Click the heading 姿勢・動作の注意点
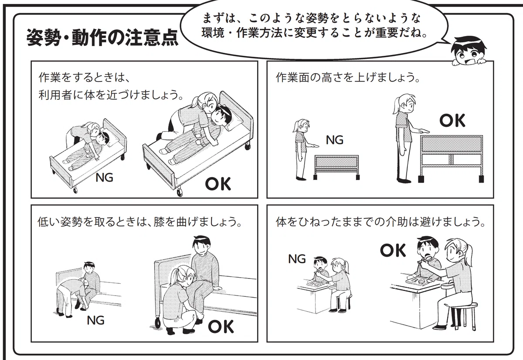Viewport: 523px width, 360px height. click(x=102, y=38)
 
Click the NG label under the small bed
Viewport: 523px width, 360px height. click(x=104, y=178)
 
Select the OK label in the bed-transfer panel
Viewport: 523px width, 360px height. click(x=218, y=184)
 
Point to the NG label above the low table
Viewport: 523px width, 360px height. click(x=335, y=140)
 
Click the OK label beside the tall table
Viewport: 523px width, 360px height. click(x=452, y=120)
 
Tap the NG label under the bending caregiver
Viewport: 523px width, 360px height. click(x=95, y=320)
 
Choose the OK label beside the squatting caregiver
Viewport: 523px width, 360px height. click(x=221, y=326)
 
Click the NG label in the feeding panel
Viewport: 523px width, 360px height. click(x=297, y=259)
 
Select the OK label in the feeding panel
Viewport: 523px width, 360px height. click(x=393, y=250)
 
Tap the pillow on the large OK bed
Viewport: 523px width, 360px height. click(x=234, y=122)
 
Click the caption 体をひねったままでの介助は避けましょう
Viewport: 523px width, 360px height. click(x=380, y=222)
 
